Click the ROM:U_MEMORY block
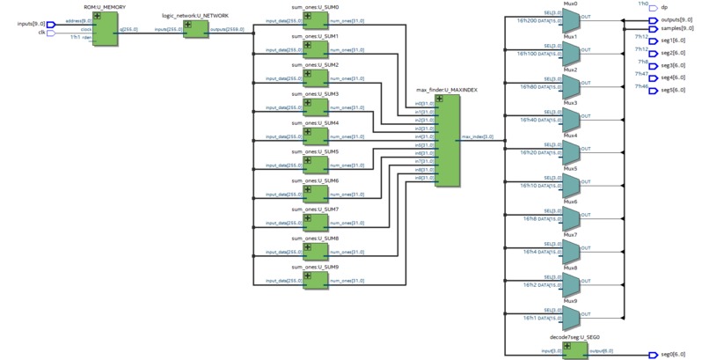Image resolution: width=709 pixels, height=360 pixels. point(107,30)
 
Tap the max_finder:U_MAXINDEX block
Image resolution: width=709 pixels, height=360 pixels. point(447,141)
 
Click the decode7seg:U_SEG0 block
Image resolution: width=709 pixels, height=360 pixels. point(575,350)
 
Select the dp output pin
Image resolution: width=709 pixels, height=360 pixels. point(652,8)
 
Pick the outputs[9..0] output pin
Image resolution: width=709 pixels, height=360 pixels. point(652,19)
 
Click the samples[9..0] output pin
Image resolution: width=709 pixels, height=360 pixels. point(652,28)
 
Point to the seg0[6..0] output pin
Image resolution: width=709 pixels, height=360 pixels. point(652,355)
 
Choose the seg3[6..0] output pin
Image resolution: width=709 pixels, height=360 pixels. point(652,65)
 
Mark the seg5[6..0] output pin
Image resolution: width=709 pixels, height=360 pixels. point(652,90)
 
